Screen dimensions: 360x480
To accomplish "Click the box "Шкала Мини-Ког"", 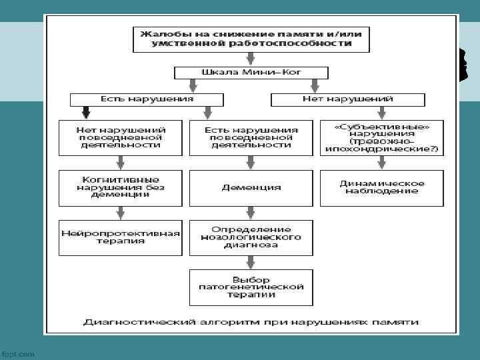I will pyautogui.click(x=251, y=72).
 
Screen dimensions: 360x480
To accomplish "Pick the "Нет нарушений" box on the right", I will pyautogui.click(x=347, y=99).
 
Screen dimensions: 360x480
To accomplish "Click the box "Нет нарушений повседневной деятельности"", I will pyautogui.click(x=120, y=137).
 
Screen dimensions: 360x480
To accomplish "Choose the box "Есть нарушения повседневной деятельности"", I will pyautogui.click(x=251, y=137).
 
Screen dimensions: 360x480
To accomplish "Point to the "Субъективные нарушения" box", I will pyautogui.click(x=381, y=137).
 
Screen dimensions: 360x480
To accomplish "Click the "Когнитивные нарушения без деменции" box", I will pyautogui.click(x=120, y=187).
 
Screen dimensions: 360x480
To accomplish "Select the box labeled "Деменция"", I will pyautogui.click(x=251, y=187).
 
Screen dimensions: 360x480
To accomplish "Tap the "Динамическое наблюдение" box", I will pyautogui.click(x=381, y=187).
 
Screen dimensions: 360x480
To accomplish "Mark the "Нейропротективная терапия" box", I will pyautogui.click(x=120, y=237).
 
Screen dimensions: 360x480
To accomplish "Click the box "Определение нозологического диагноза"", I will pyautogui.click(x=251, y=237).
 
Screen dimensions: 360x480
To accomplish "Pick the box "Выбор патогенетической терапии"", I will pyautogui.click(x=251, y=287).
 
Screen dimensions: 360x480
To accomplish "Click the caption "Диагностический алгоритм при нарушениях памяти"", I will pyautogui.click(x=251, y=322).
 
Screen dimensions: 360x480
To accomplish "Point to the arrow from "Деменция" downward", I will pyautogui.click(x=251, y=213).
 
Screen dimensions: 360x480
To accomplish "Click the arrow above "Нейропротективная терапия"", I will pyautogui.click(x=120, y=213).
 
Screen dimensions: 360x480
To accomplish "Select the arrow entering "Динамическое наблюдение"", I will pyautogui.click(x=381, y=162).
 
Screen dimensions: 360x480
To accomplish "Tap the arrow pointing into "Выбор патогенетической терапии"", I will pyautogui.click(x=251, y=262).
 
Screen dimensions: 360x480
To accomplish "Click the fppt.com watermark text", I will pyautogui.click(x=18, y=353).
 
